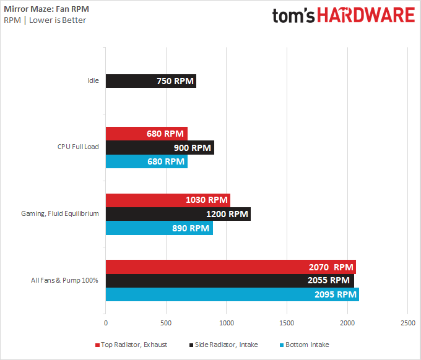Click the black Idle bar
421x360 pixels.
(150, 80)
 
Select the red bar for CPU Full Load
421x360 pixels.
(146, 134)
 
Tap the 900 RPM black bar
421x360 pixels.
(160, 147)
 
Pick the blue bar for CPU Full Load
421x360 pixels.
(146, 161)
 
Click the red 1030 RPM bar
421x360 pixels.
(168, 200)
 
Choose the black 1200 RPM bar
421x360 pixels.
(178, 214)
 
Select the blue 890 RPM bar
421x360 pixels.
(159, 228)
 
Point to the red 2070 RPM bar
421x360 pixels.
(230, 267)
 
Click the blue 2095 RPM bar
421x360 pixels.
(232, 294)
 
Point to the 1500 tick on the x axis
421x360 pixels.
(287, 324)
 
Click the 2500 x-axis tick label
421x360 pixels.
(407, 324)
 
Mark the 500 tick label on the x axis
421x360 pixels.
(166, 324)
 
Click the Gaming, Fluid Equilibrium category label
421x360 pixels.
(66, 214)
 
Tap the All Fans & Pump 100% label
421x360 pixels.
(65, 281)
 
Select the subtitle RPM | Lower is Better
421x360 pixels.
(45, 20)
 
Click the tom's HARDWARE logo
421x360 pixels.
(343, 15)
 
